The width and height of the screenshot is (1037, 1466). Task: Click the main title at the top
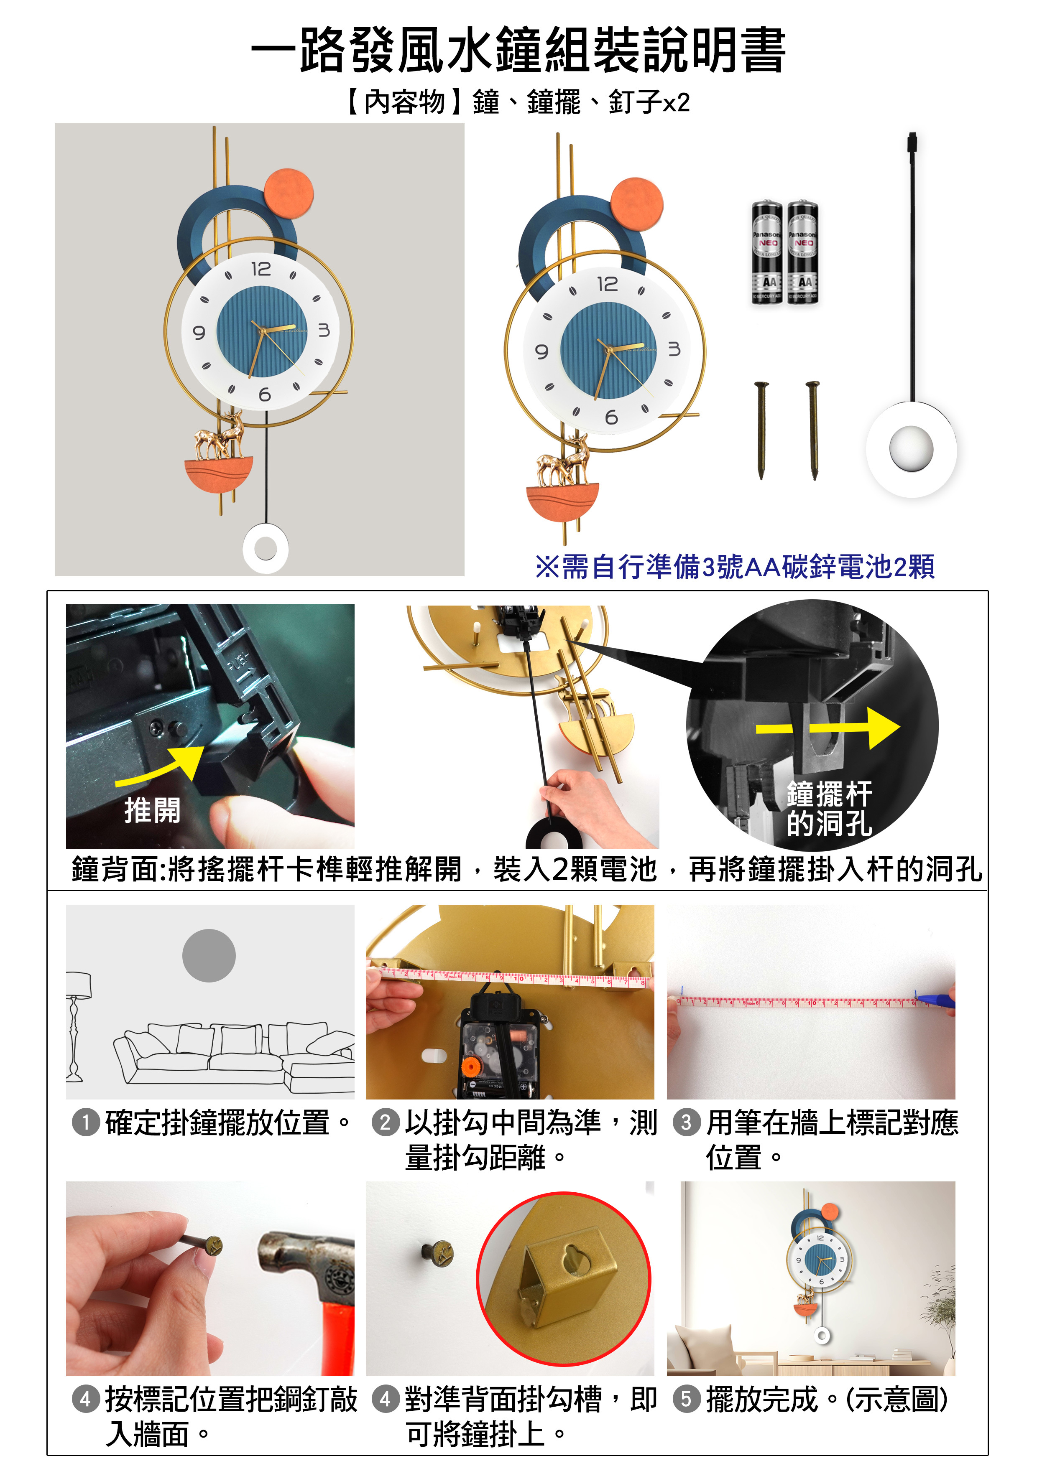[518, 50]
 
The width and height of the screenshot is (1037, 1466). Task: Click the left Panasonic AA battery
[767, 254]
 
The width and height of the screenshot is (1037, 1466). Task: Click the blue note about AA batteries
[735, 566]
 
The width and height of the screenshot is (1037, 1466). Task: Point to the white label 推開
[152, 810]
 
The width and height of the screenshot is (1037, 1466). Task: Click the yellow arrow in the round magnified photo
[828, 728]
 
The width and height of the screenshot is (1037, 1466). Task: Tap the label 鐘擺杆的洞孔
[829, 808]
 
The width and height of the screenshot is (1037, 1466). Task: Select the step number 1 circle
[86, 1122]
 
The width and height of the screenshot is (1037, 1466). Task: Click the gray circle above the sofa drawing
[209, 955]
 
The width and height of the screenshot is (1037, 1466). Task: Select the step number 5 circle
[686, 1399]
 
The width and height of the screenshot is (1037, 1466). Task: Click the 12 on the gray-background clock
[261, 269]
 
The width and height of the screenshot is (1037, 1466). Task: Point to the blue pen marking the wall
[934, 1000]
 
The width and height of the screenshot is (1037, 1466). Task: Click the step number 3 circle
[686, 1122]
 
